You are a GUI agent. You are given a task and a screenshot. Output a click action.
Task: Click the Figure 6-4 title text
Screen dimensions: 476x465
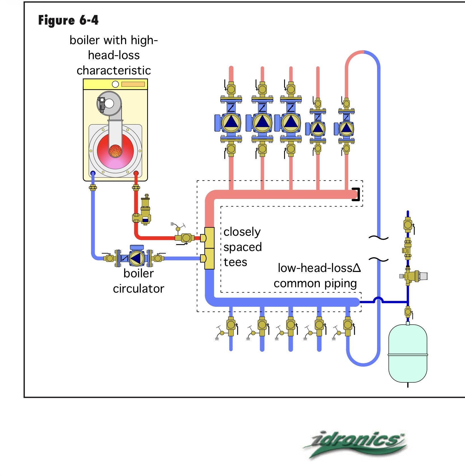68,20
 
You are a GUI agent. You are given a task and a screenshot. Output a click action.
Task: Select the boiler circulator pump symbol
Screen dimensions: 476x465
137,258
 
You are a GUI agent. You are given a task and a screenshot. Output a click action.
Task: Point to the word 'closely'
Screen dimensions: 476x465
242,232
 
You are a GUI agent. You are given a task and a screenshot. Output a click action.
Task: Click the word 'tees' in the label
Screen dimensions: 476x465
235,262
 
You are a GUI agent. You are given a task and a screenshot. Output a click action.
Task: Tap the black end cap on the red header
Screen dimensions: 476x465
357,194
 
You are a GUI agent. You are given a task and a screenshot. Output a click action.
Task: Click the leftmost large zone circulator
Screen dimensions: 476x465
231,123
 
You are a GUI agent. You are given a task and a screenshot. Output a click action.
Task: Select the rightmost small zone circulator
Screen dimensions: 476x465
346,128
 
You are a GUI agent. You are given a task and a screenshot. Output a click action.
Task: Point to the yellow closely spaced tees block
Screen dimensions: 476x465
209,248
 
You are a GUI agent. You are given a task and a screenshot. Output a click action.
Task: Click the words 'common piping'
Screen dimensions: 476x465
315,283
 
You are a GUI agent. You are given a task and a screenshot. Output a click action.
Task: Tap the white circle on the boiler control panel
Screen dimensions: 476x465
115,84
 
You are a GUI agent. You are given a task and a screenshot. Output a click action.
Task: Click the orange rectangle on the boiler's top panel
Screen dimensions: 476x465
133,84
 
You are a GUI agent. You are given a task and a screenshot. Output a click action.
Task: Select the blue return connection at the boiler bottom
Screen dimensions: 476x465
93,173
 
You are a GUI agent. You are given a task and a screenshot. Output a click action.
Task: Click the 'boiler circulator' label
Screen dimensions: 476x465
139,281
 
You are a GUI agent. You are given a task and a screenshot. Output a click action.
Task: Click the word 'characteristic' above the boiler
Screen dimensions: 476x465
114,70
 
